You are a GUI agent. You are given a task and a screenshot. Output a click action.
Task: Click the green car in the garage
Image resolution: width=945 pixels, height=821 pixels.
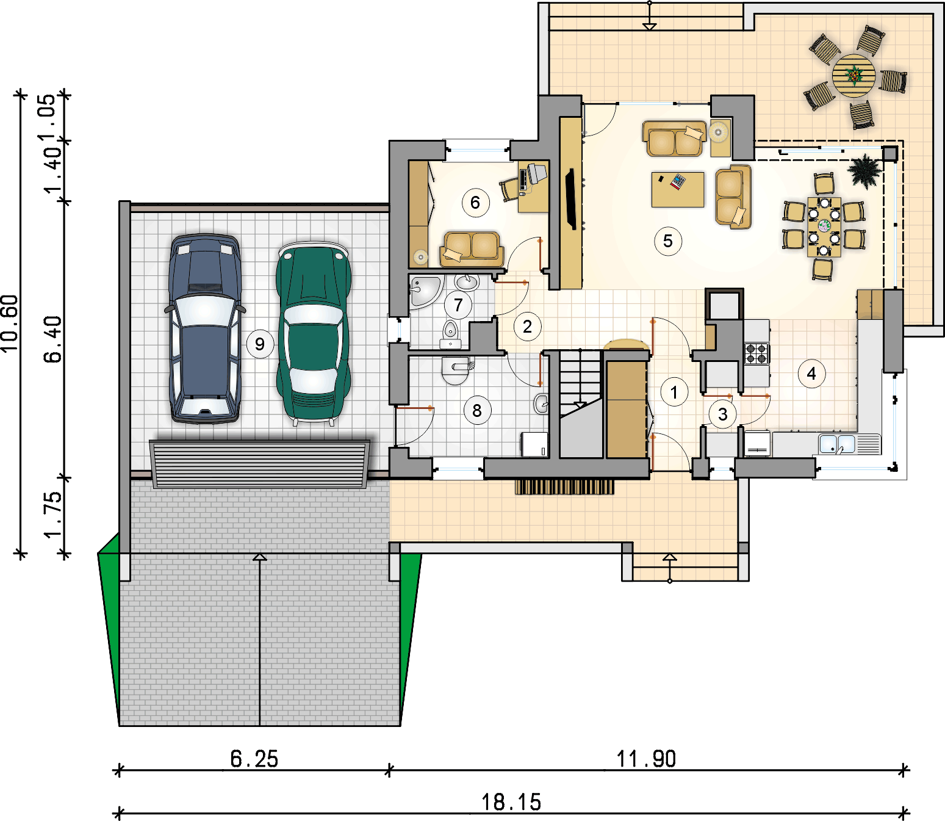pyautogui.click(x=314, y=333)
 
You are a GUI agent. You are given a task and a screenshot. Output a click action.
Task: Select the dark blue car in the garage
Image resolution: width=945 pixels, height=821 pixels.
pyautogui.click(x=205, y=328)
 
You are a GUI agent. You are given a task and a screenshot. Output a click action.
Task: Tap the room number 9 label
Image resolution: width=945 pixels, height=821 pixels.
pyautogui.click(x=259, y=344)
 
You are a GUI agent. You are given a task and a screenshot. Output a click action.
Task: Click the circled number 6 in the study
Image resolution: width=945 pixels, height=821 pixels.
pyautogui.click(x=475, y=203)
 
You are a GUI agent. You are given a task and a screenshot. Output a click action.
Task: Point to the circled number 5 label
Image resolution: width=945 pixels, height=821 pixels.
pyautogui.click(x=668, y=241)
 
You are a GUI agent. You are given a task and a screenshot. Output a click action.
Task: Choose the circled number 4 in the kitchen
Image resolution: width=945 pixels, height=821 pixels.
pyautogui.click(x=811, y=374)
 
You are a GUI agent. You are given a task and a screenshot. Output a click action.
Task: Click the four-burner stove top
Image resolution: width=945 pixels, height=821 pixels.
pyautogui.click(x=756, y=353)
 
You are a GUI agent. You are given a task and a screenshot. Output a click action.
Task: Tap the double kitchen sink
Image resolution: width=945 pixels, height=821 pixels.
pyautogui.click(x=837, y=444)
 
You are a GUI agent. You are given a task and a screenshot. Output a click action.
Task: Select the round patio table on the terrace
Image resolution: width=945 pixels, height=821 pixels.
pyautogui.click(x=853, y=76)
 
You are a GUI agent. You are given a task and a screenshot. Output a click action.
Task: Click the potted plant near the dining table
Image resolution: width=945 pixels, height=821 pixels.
pyautogui.click(x=864, y=171)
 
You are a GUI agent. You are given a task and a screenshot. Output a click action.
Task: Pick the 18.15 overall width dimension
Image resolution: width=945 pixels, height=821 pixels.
pyautogui.click(x=511, y=802)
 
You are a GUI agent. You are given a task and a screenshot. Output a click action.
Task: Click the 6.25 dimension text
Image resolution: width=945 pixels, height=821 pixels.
pyautogui.click(x=254, y=759)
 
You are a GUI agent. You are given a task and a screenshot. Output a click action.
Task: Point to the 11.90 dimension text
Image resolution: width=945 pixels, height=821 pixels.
pyautogui.click(x=646, y=759)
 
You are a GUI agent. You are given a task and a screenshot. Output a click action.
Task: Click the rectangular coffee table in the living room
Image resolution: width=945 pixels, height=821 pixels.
pyautogui.click(x=678, y=189)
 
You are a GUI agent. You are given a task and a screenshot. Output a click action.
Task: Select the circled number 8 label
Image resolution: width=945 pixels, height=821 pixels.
pyautogui.click(x=477, y=410)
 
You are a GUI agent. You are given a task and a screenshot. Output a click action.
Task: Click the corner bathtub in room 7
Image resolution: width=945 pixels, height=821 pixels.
pyautogui.click(x=425, y=292)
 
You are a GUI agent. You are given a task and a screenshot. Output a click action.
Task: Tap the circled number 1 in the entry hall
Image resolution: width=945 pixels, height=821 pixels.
pyautogui.click(x=674, y=392)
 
